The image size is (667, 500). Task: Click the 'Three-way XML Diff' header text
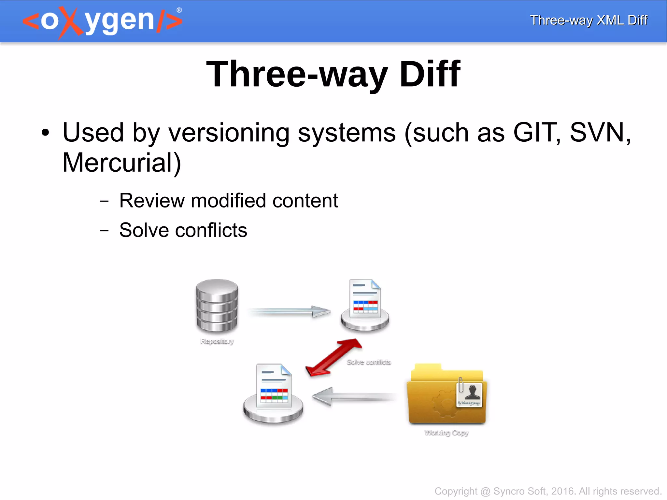[589, 20]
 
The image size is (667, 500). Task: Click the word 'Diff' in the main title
[430, 75]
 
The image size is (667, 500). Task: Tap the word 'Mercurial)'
[121, 163]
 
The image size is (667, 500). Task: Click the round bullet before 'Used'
[45, 133]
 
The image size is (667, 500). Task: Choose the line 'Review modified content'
[228, 200]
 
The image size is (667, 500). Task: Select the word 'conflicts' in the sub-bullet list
[211, 230]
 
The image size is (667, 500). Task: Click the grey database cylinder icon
[217, 306]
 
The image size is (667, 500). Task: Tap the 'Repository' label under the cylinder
[217, 341]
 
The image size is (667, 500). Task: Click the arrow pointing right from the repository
[290, 312]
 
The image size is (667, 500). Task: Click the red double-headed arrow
[333, 358]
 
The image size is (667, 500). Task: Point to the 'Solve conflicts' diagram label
[369, 362]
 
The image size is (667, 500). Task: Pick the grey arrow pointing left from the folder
[353, 396]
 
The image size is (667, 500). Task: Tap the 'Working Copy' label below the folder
[446, 433]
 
